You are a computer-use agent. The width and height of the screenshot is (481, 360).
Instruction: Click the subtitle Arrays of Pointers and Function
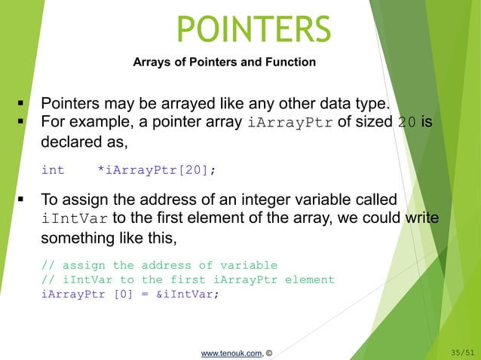(224, 63)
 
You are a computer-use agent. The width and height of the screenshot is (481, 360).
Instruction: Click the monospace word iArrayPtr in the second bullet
(290, 123)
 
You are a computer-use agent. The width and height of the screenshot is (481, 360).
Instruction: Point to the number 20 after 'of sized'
(406, 123)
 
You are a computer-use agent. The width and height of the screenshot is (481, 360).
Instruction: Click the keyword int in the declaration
(52, 170)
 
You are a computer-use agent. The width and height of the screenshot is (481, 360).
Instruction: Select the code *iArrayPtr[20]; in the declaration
(156, 170)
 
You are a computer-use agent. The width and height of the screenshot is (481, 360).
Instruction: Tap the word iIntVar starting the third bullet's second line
(74, 219)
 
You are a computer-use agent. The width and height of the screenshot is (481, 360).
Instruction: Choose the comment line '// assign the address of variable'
(159, 265)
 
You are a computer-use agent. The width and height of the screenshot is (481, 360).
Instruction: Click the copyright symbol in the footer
(269, 352)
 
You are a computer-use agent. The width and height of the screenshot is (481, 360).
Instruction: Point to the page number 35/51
(462, 352)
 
